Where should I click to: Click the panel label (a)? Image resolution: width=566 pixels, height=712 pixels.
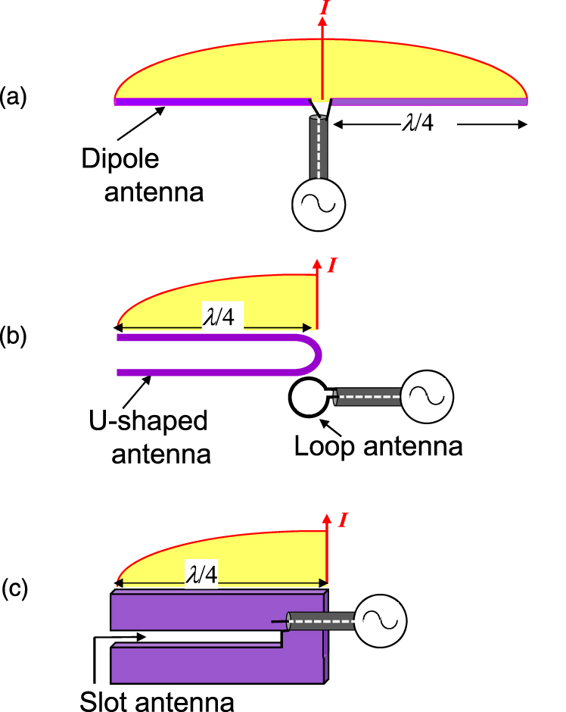[13, 98]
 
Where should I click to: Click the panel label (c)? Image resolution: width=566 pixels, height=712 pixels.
[14, 589]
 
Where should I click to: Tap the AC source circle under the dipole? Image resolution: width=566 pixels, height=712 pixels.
[319, 205]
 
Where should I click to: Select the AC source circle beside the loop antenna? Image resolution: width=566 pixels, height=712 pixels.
[426, 395]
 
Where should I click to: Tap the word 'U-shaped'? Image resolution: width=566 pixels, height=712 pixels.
[158, 421]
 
